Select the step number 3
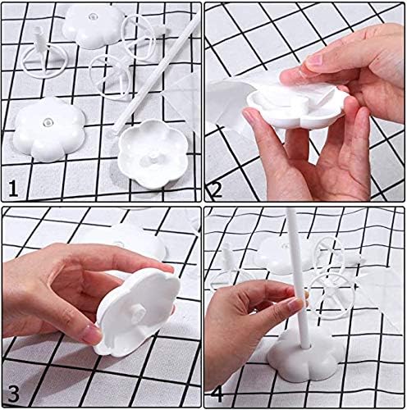[x=13, y=391]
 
